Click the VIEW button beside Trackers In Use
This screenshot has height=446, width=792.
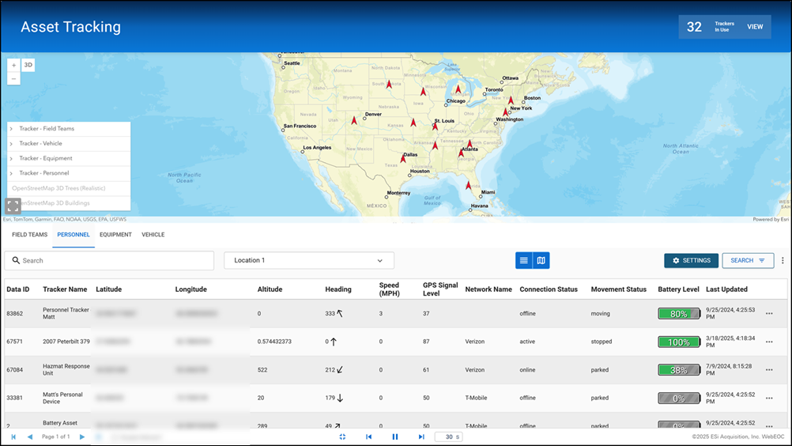[755, 27]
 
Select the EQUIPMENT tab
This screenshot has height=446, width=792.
[115, 235]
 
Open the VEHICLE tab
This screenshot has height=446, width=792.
[153, 235]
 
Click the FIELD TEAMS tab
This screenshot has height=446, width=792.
[30, 235]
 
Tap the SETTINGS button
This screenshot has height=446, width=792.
[691, 260]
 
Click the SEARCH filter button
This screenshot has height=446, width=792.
[747, 260]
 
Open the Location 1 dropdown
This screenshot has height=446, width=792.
[308, 260]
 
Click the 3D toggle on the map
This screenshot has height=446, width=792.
[28, 66]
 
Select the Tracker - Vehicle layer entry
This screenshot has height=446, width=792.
[41, 143]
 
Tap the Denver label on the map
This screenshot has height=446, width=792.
[373, 114]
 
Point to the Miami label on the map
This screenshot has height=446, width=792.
[488, 192]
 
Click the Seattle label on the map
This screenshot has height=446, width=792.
[292, 62]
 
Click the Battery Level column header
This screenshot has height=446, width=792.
[678, 289]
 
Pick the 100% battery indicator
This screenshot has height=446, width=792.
[679, 342]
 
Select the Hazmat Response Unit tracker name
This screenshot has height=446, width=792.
[66, 369]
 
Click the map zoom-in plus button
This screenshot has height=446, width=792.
[13, 66]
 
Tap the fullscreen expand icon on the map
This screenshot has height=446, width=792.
[13, 206]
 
